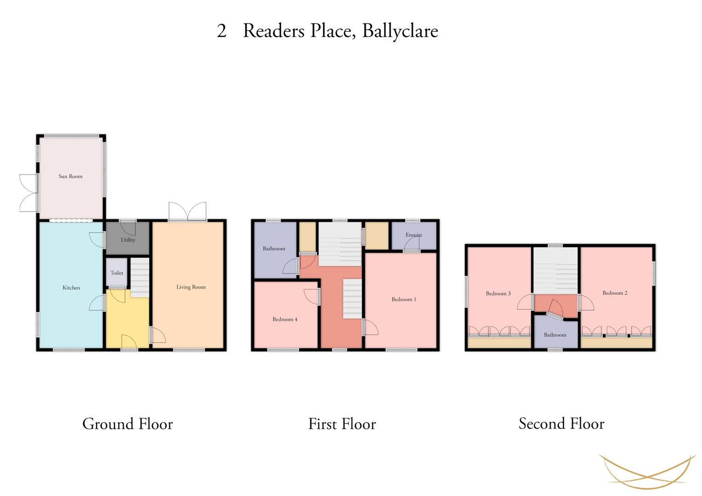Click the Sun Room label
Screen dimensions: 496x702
click(x=70, y=176)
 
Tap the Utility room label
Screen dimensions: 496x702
click(x=128, y=240)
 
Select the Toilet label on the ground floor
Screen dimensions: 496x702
click(x=116, y=273)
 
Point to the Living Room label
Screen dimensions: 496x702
click(x=191, y=287)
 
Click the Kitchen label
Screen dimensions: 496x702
click(x=71, y=288)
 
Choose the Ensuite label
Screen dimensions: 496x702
click(x=414, y=235)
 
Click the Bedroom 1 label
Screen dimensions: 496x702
click(x=404, y=299)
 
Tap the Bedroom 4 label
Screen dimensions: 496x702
click(x=285, y=320)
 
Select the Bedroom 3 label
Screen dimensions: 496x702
click(x=498, y=293)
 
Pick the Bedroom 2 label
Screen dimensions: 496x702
click(x=615, y=293)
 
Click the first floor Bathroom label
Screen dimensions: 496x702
click(x=274, y=249)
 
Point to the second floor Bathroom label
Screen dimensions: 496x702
click(x=555, y=335)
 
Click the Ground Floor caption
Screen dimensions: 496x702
click(x=127, y=424)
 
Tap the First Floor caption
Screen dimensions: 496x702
click(x=342, y=424)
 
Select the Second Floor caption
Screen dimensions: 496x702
click(x=561, y=423)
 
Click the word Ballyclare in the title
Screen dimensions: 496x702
click(x=400, y=31)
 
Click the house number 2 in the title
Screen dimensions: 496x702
click(x=222, y=31)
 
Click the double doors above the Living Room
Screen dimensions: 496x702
click(x=188, y=212)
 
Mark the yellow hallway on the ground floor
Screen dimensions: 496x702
click(x=127, y=321)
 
